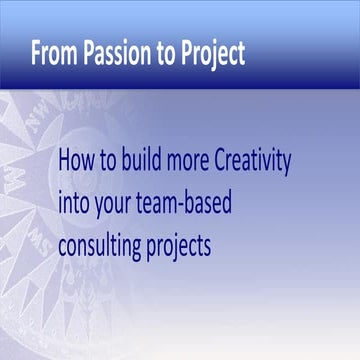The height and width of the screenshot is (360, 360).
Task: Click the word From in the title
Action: pyautogui.click(x=52, y=52)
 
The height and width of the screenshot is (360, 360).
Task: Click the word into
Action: pyautogui.click(x=76, y=202)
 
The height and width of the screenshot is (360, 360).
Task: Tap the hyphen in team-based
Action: pyautogui.click(x=201, y=204)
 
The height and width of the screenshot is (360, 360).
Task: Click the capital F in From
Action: pyautogui.click(x=37, y=52)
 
